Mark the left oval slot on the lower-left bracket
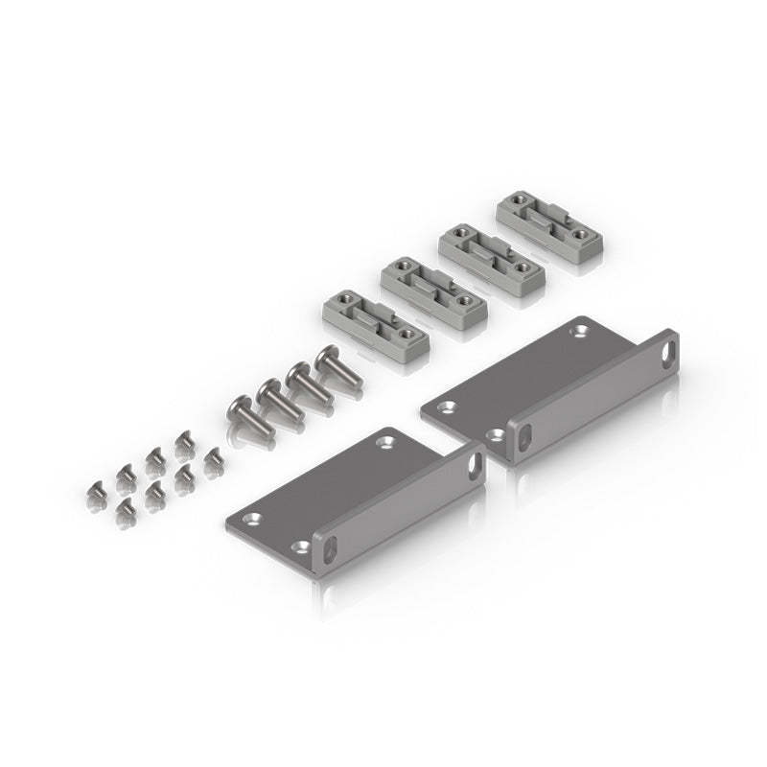point(330,549)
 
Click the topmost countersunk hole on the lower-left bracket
point(385,442)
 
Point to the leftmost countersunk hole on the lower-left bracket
point(254,519)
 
